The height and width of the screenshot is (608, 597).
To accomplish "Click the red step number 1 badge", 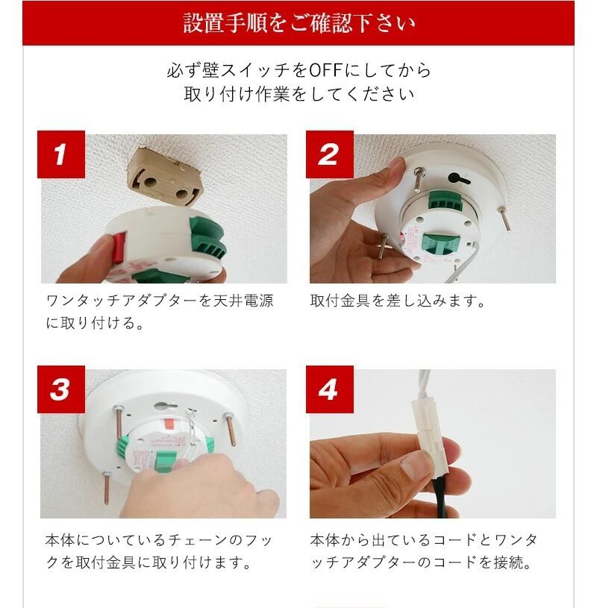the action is coord(61,154).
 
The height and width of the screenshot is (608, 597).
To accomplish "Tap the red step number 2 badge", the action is coord(330,154).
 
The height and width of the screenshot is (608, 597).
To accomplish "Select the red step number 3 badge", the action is coord(61,389).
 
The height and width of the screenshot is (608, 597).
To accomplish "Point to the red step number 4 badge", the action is coord(330,389).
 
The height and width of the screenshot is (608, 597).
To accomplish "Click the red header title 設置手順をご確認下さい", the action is coord(298,23).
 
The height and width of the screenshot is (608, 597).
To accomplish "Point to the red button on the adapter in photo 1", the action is coord(119,248).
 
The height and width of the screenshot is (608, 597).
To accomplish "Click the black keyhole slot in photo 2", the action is coord(458,179).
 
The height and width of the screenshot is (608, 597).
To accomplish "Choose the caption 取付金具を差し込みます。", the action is coord(398,301).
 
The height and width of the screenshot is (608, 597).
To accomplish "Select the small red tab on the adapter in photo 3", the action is coord(170,424).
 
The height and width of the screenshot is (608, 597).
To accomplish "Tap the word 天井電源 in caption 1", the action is coord(244,301).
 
